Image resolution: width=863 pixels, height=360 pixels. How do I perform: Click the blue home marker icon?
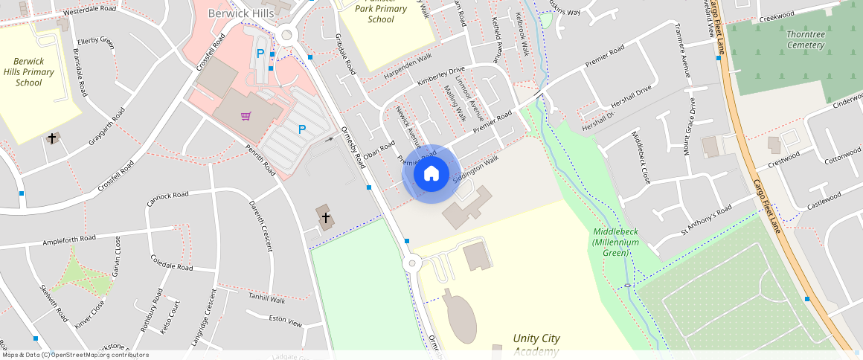point(431,174)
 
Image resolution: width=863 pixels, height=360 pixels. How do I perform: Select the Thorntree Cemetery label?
point(806,39)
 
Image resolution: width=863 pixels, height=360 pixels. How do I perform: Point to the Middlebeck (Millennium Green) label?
point(616,242)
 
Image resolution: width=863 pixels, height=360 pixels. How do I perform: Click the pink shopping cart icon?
point(246,115)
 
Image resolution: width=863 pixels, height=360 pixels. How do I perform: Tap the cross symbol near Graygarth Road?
point(52,138)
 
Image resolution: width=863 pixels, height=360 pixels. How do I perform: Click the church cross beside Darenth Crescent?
point(325,217)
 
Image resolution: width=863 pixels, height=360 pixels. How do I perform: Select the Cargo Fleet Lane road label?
point(766,205)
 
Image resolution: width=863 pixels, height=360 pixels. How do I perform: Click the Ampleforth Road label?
point(70,240)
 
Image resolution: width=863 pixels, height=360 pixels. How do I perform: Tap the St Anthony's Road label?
point(707,219)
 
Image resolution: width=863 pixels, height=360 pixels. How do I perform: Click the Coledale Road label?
point(171,263)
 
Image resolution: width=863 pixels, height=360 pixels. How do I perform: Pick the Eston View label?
point(285,323)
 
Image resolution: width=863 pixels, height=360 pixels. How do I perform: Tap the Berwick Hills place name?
point(241,13)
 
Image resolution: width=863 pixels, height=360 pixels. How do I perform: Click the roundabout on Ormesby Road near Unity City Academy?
point(411,264)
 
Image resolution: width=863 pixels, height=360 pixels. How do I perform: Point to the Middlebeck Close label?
point(641,157)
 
